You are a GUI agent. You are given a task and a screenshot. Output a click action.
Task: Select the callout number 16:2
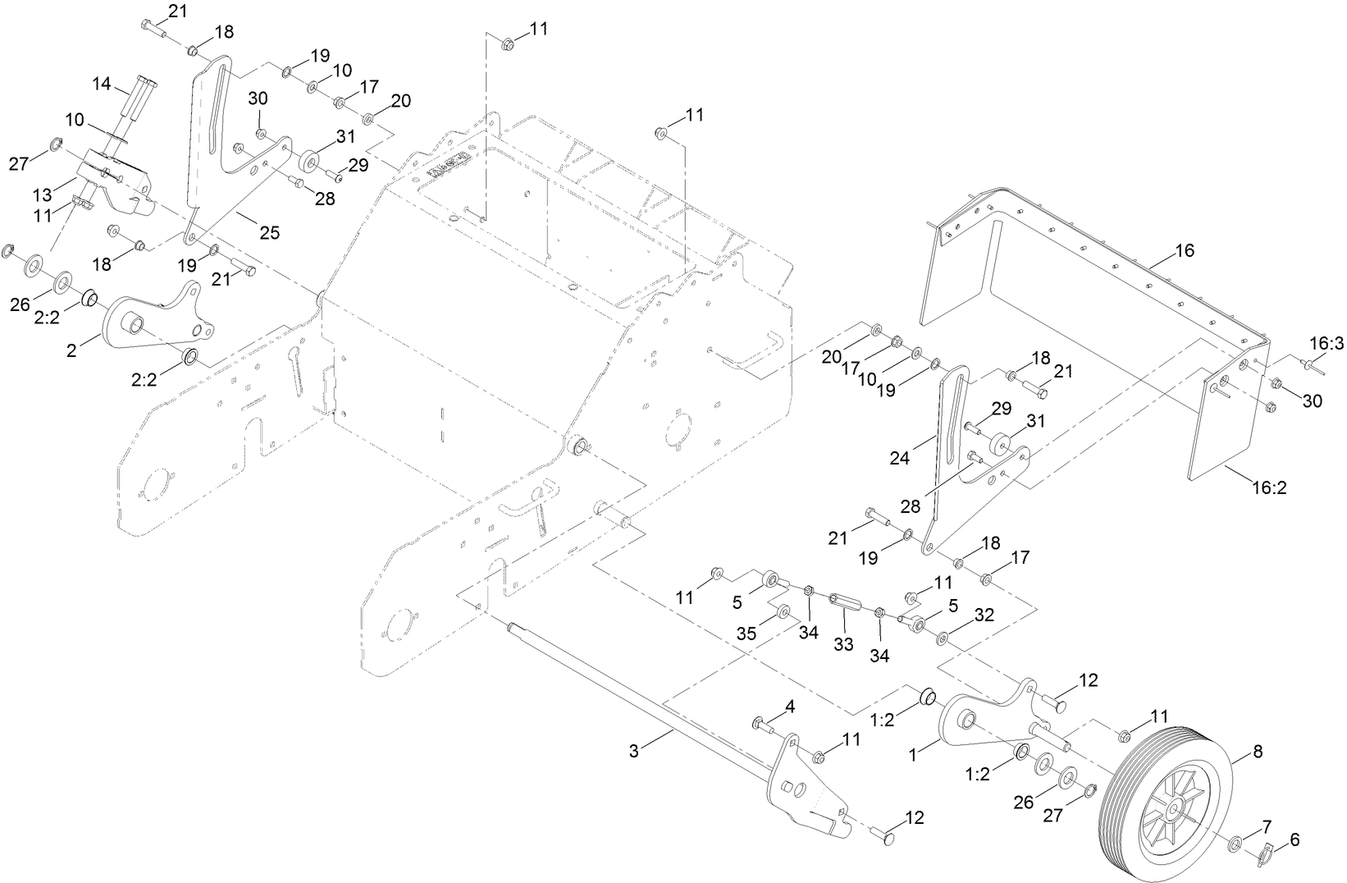(1268, 487)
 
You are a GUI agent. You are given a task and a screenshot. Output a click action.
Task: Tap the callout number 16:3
(1326, 344)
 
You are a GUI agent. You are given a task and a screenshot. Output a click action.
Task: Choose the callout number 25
(269, 233)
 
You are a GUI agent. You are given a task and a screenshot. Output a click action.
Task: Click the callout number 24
(900, 459)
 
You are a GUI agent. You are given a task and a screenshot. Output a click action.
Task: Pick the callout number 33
(843, 645)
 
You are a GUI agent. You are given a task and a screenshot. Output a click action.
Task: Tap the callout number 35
(747, 634)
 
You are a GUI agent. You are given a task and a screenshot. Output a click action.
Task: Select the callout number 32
(984, 615)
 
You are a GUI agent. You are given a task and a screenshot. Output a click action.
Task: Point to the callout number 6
(1294, 840)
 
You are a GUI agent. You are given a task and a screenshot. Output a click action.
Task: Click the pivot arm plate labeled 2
(156, 320)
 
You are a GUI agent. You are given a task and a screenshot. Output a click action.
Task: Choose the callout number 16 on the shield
(1184, 250)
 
